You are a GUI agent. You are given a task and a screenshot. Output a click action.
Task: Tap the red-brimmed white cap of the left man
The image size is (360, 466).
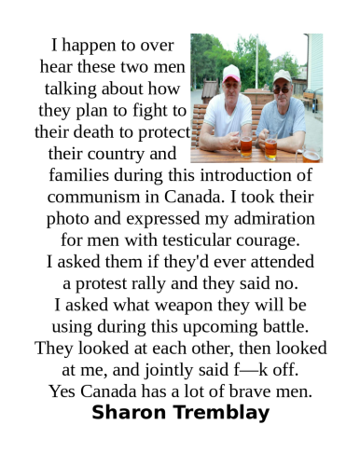[230, 74]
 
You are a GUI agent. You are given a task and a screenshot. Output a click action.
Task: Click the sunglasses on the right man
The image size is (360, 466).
[282, 87]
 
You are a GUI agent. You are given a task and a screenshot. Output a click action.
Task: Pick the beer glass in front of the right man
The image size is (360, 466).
[270, 148]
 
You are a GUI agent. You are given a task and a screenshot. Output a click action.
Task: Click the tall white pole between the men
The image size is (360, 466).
[257, 93]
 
